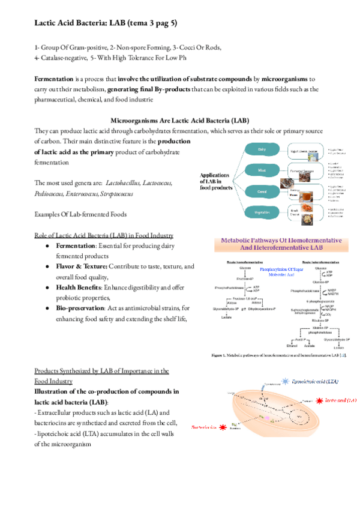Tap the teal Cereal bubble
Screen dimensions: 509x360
tap(262, 191)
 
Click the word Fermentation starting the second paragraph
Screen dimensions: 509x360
tap(53, 79)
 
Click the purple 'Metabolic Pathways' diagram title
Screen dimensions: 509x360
tap(283, 243)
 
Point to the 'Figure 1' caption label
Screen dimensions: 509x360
tap(221, 356)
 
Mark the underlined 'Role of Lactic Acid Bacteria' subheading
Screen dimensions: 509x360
tap(104, 235)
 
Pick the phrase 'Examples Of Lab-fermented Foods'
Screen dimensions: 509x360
tap(80, 215)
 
